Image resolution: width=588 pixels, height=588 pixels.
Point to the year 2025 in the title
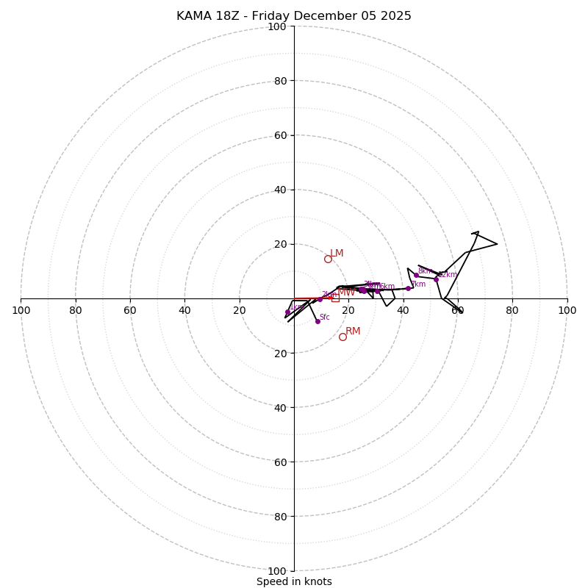(395, 16)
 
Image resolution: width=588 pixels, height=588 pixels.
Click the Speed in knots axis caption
(294, 581)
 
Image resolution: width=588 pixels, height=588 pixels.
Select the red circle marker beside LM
(328, 259)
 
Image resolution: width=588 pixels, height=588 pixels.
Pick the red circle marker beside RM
(343, 337)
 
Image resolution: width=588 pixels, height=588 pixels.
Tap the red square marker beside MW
(335, 298)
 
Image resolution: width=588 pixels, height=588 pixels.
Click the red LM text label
(337, 254)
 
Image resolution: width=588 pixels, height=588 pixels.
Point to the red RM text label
(353, 331)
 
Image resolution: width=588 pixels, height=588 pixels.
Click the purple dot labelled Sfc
(318, 321)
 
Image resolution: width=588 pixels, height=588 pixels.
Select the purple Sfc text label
(324, 318)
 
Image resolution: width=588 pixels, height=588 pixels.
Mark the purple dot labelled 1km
(287, 312)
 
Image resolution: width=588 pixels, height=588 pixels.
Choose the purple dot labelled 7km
(408, 288)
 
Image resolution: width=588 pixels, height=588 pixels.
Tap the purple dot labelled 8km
(416, 275)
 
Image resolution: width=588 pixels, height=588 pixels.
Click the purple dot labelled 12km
(436, 279)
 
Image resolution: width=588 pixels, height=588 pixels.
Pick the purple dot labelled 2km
(320, 299)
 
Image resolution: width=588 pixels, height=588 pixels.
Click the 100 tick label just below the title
(277, 26)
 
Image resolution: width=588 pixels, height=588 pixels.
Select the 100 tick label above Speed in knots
(277, 570)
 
